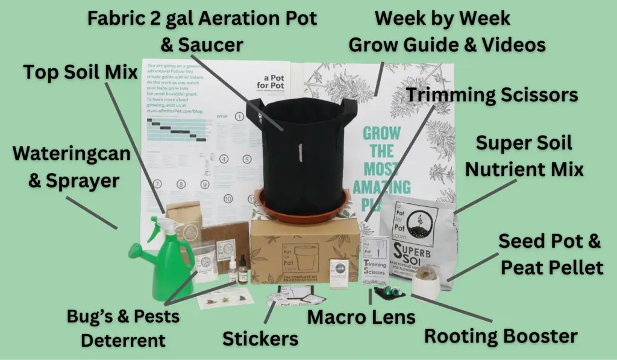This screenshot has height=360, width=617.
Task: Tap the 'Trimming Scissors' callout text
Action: point(492,95)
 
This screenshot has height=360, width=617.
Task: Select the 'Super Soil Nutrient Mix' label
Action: point(524,157)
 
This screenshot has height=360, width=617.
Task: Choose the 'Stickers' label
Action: point(260,339)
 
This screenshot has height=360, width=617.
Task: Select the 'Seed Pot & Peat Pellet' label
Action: point(550,254)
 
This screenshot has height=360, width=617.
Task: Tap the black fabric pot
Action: point(299,148)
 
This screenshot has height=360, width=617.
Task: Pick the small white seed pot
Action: point(428,283)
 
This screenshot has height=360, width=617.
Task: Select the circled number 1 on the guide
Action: point(240,116)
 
